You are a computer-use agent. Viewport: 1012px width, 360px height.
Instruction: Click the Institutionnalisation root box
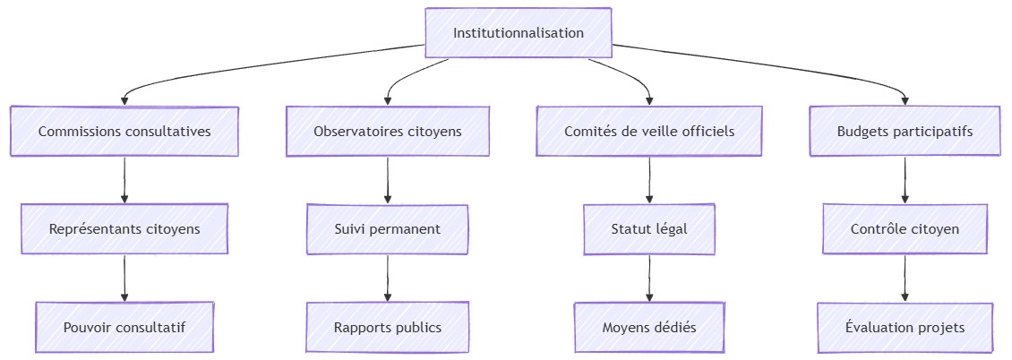point(519,33)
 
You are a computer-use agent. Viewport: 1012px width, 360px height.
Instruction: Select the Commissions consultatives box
point(124,132)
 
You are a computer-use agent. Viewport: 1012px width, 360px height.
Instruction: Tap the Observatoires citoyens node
point(388,132)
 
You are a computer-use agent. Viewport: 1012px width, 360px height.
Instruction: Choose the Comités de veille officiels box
point(649,132)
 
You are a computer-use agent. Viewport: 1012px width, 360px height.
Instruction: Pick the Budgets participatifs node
point(905,132)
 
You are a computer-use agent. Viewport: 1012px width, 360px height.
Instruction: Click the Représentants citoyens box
point(124,229)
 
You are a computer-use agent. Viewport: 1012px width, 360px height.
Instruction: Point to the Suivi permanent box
point(388,229)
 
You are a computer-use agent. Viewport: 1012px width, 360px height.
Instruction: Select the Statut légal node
point(649,229)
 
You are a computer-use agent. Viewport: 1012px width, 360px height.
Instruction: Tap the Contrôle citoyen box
point(905,229)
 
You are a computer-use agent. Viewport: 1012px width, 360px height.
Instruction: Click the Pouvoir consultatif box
point(124,328)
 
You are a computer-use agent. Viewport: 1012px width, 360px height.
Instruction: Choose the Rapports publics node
point(388,328)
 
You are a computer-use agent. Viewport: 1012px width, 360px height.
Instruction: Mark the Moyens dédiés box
point(649,328)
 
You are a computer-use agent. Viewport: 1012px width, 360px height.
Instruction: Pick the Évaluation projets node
point(905,328)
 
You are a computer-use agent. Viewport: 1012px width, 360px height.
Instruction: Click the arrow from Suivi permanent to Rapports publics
point(388,279)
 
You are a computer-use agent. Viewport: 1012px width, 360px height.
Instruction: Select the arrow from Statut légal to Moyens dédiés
point(649,279)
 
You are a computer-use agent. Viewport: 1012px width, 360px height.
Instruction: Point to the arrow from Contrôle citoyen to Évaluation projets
point(905,279)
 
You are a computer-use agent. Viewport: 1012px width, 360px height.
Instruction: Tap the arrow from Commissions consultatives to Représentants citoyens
point(124,180)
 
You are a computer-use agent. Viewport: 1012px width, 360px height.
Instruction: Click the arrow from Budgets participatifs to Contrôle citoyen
point(905,180)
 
